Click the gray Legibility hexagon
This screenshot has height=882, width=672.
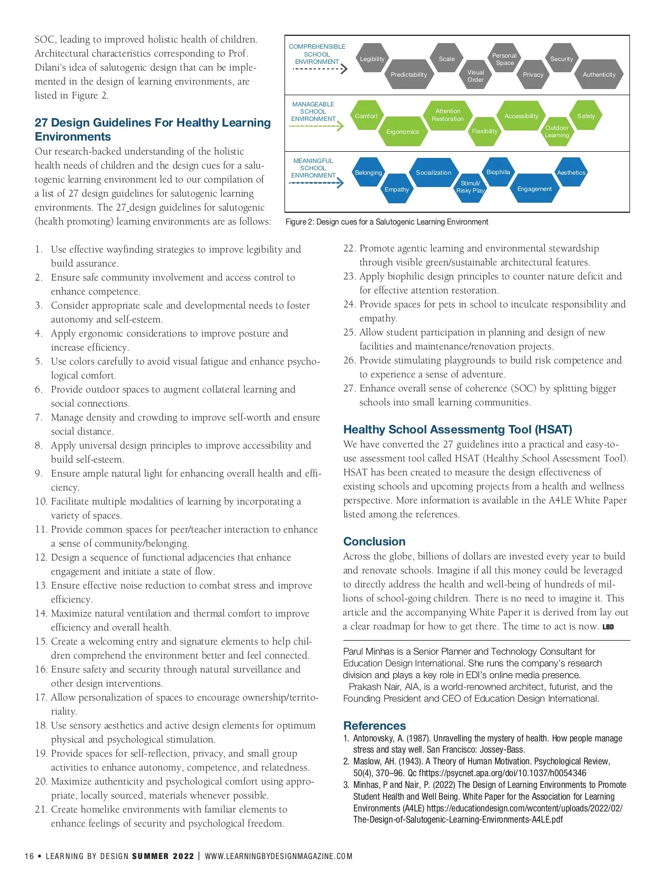(372, 59)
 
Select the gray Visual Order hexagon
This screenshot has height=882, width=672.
(475, 76)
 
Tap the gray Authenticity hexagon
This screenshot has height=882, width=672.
(599, 74)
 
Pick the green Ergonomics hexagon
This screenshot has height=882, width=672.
(402, 132)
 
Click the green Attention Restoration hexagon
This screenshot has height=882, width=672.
(447, 115)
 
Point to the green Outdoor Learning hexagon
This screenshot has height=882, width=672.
(557, 132)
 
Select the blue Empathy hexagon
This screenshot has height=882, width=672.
(396, 189)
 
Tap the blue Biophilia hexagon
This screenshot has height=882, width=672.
(498, 172)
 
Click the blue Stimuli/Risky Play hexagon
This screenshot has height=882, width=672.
(470, 187)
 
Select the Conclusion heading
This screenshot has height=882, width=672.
(374, 542)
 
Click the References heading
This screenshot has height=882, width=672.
(374, 726)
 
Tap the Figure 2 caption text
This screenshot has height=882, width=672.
(386, 222)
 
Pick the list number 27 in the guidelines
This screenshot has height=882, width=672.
(349, 388)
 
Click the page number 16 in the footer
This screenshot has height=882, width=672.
(29, 856)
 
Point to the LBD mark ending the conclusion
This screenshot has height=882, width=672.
(608, 627)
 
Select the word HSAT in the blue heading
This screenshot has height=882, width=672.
(553, 430)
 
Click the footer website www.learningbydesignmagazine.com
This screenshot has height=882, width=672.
(278, 856)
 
